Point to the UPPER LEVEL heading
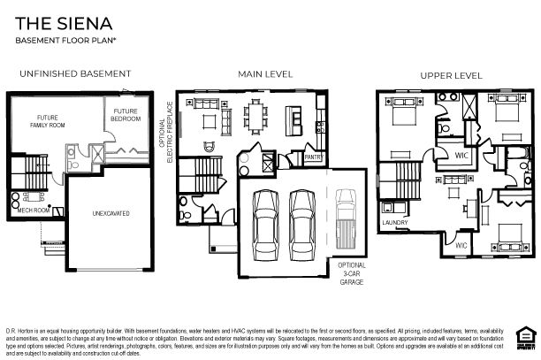[x=450, y=74]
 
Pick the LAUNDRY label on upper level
[x=394, y=222]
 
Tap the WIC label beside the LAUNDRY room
[x=461, y=244]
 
